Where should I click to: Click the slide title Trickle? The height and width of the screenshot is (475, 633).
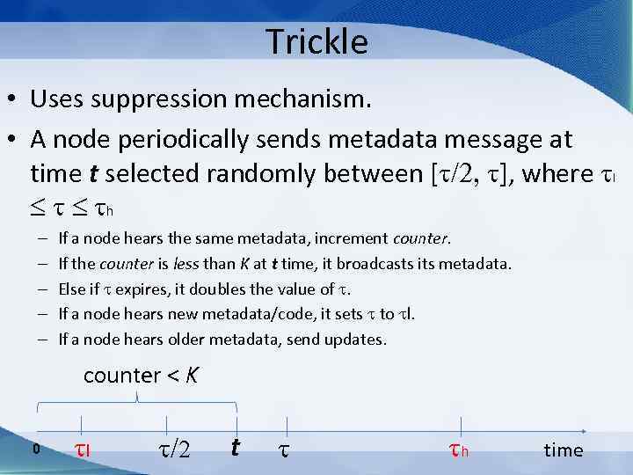point(316,40)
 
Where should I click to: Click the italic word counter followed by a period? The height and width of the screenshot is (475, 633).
point(421,238)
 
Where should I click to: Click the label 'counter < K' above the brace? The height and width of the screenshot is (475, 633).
point(141,376)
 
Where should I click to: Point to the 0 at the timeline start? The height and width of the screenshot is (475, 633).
point(36,449)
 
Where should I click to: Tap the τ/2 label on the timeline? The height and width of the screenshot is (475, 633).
point(172,449)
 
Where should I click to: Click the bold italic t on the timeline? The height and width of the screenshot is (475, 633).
point(235,448)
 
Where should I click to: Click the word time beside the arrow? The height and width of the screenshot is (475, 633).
point(563,450)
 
